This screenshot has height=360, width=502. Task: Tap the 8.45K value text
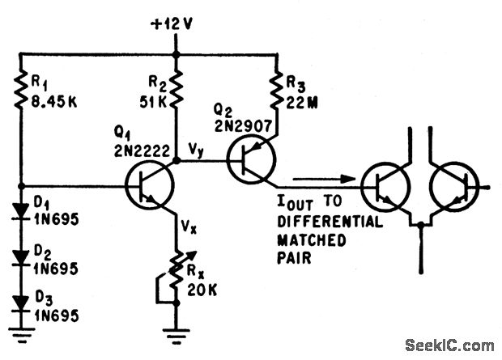coord(53,101)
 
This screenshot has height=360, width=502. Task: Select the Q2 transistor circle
coord(250,159)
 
